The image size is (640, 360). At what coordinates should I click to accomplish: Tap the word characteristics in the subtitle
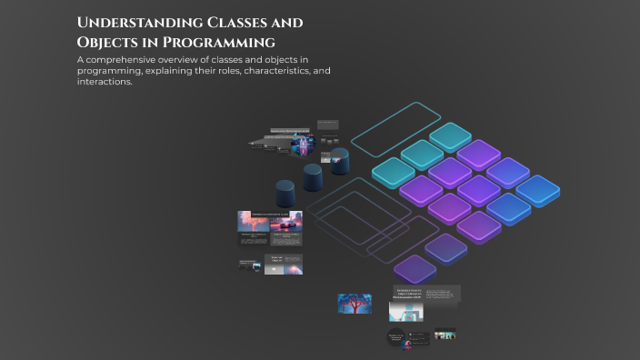(x=269, y=71)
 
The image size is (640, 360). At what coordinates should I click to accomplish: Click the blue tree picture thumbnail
(x=355, y=304)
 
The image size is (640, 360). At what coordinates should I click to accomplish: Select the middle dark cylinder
(x=313, y=176)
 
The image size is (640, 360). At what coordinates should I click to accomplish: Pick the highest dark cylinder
(x=339, y=162)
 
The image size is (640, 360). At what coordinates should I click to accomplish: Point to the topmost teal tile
(x=451, y=136)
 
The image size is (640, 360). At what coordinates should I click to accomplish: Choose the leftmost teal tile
(x=394, y=171)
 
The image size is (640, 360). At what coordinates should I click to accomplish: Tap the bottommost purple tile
(x=415, y=268)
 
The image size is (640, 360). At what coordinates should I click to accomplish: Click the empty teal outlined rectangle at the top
(x=395, y=128)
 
